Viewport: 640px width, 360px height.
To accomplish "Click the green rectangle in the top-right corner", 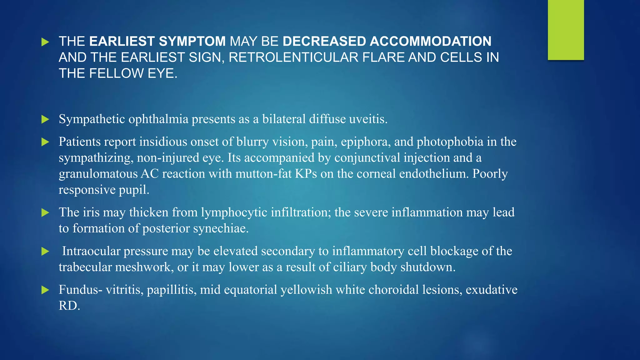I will pyautogui.click(x=566, y=30).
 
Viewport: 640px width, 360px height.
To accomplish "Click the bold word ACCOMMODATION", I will pyautogui.click(x=431, y=41).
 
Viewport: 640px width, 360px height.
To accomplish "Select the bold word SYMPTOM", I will pyautogui.click(x=192, y=41).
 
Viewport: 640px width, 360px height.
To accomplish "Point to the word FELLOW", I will pyautogui.click(x=117, y=74).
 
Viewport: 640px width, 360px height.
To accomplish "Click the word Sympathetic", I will pyautogui.click(x=92, y=119).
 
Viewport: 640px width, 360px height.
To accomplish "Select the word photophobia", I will pyautogui.click(x=450, y=142).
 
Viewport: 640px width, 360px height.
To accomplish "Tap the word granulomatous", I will pyautogui.click(x=98, y=174).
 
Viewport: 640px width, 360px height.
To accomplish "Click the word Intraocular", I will pyautogui.click(x=91, y=251).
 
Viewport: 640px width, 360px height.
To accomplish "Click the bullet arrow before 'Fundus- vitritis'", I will pyautogui.click(x=45, y=290).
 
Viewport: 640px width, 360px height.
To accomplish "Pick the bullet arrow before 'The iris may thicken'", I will pyautogui.click(x=45, y=213).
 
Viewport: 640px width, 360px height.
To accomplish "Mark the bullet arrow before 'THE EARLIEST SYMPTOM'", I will pyautogui.click(x=45, y=42).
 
